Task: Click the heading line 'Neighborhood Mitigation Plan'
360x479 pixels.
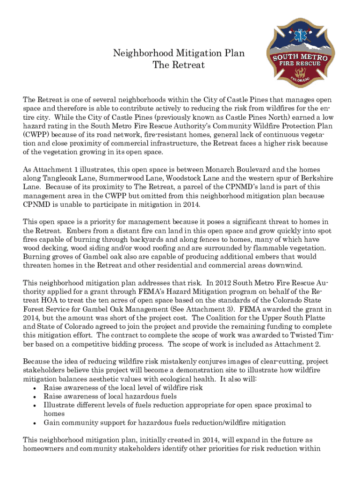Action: (x=179, y=53)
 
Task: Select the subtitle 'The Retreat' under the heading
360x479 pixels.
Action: (x=179, y=65)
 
